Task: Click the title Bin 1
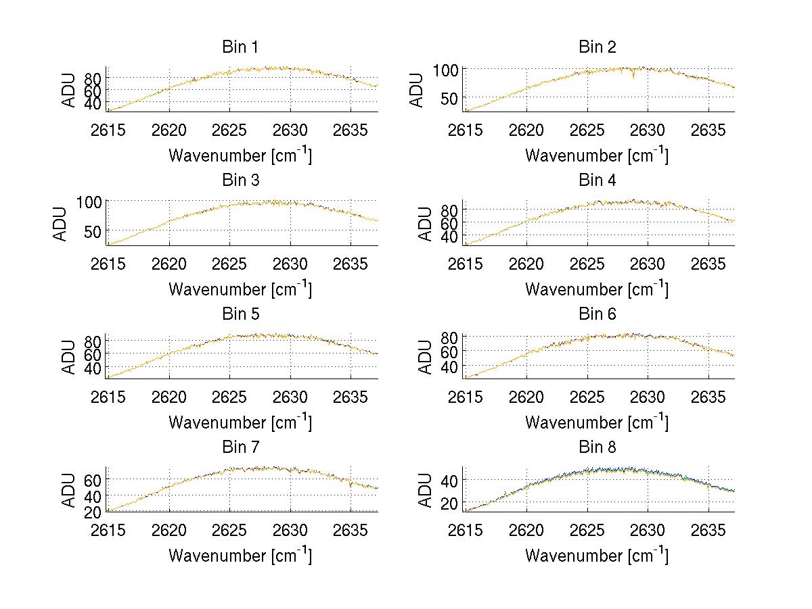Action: coord(240,47)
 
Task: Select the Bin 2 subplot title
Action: coord(597,47)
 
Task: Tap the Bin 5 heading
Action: coord(240,314)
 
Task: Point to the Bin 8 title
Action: coord(597,447)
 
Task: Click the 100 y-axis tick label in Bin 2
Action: coord(446,69)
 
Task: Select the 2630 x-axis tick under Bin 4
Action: coord(648,264)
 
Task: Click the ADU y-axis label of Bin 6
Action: coord(426,357)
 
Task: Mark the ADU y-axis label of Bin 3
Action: coord(60,224)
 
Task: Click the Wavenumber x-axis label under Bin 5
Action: coord(240,422)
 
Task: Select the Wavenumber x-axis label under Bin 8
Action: coord(597,556)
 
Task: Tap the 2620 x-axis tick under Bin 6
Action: coord(526,397)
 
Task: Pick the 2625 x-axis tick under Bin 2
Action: coord(587,130)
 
